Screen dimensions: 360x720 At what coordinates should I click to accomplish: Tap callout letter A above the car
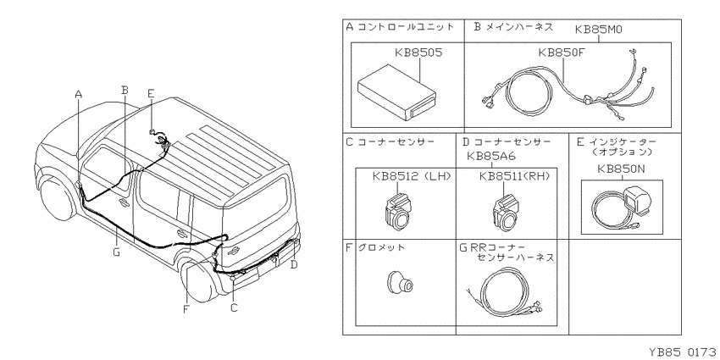pyautogui.click(x=79, y=95)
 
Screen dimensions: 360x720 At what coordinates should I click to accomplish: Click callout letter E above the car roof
pyautogui.click(x=151, y=92)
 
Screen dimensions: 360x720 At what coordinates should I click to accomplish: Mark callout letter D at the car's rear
pyautogui.click(x=293, y=264)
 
